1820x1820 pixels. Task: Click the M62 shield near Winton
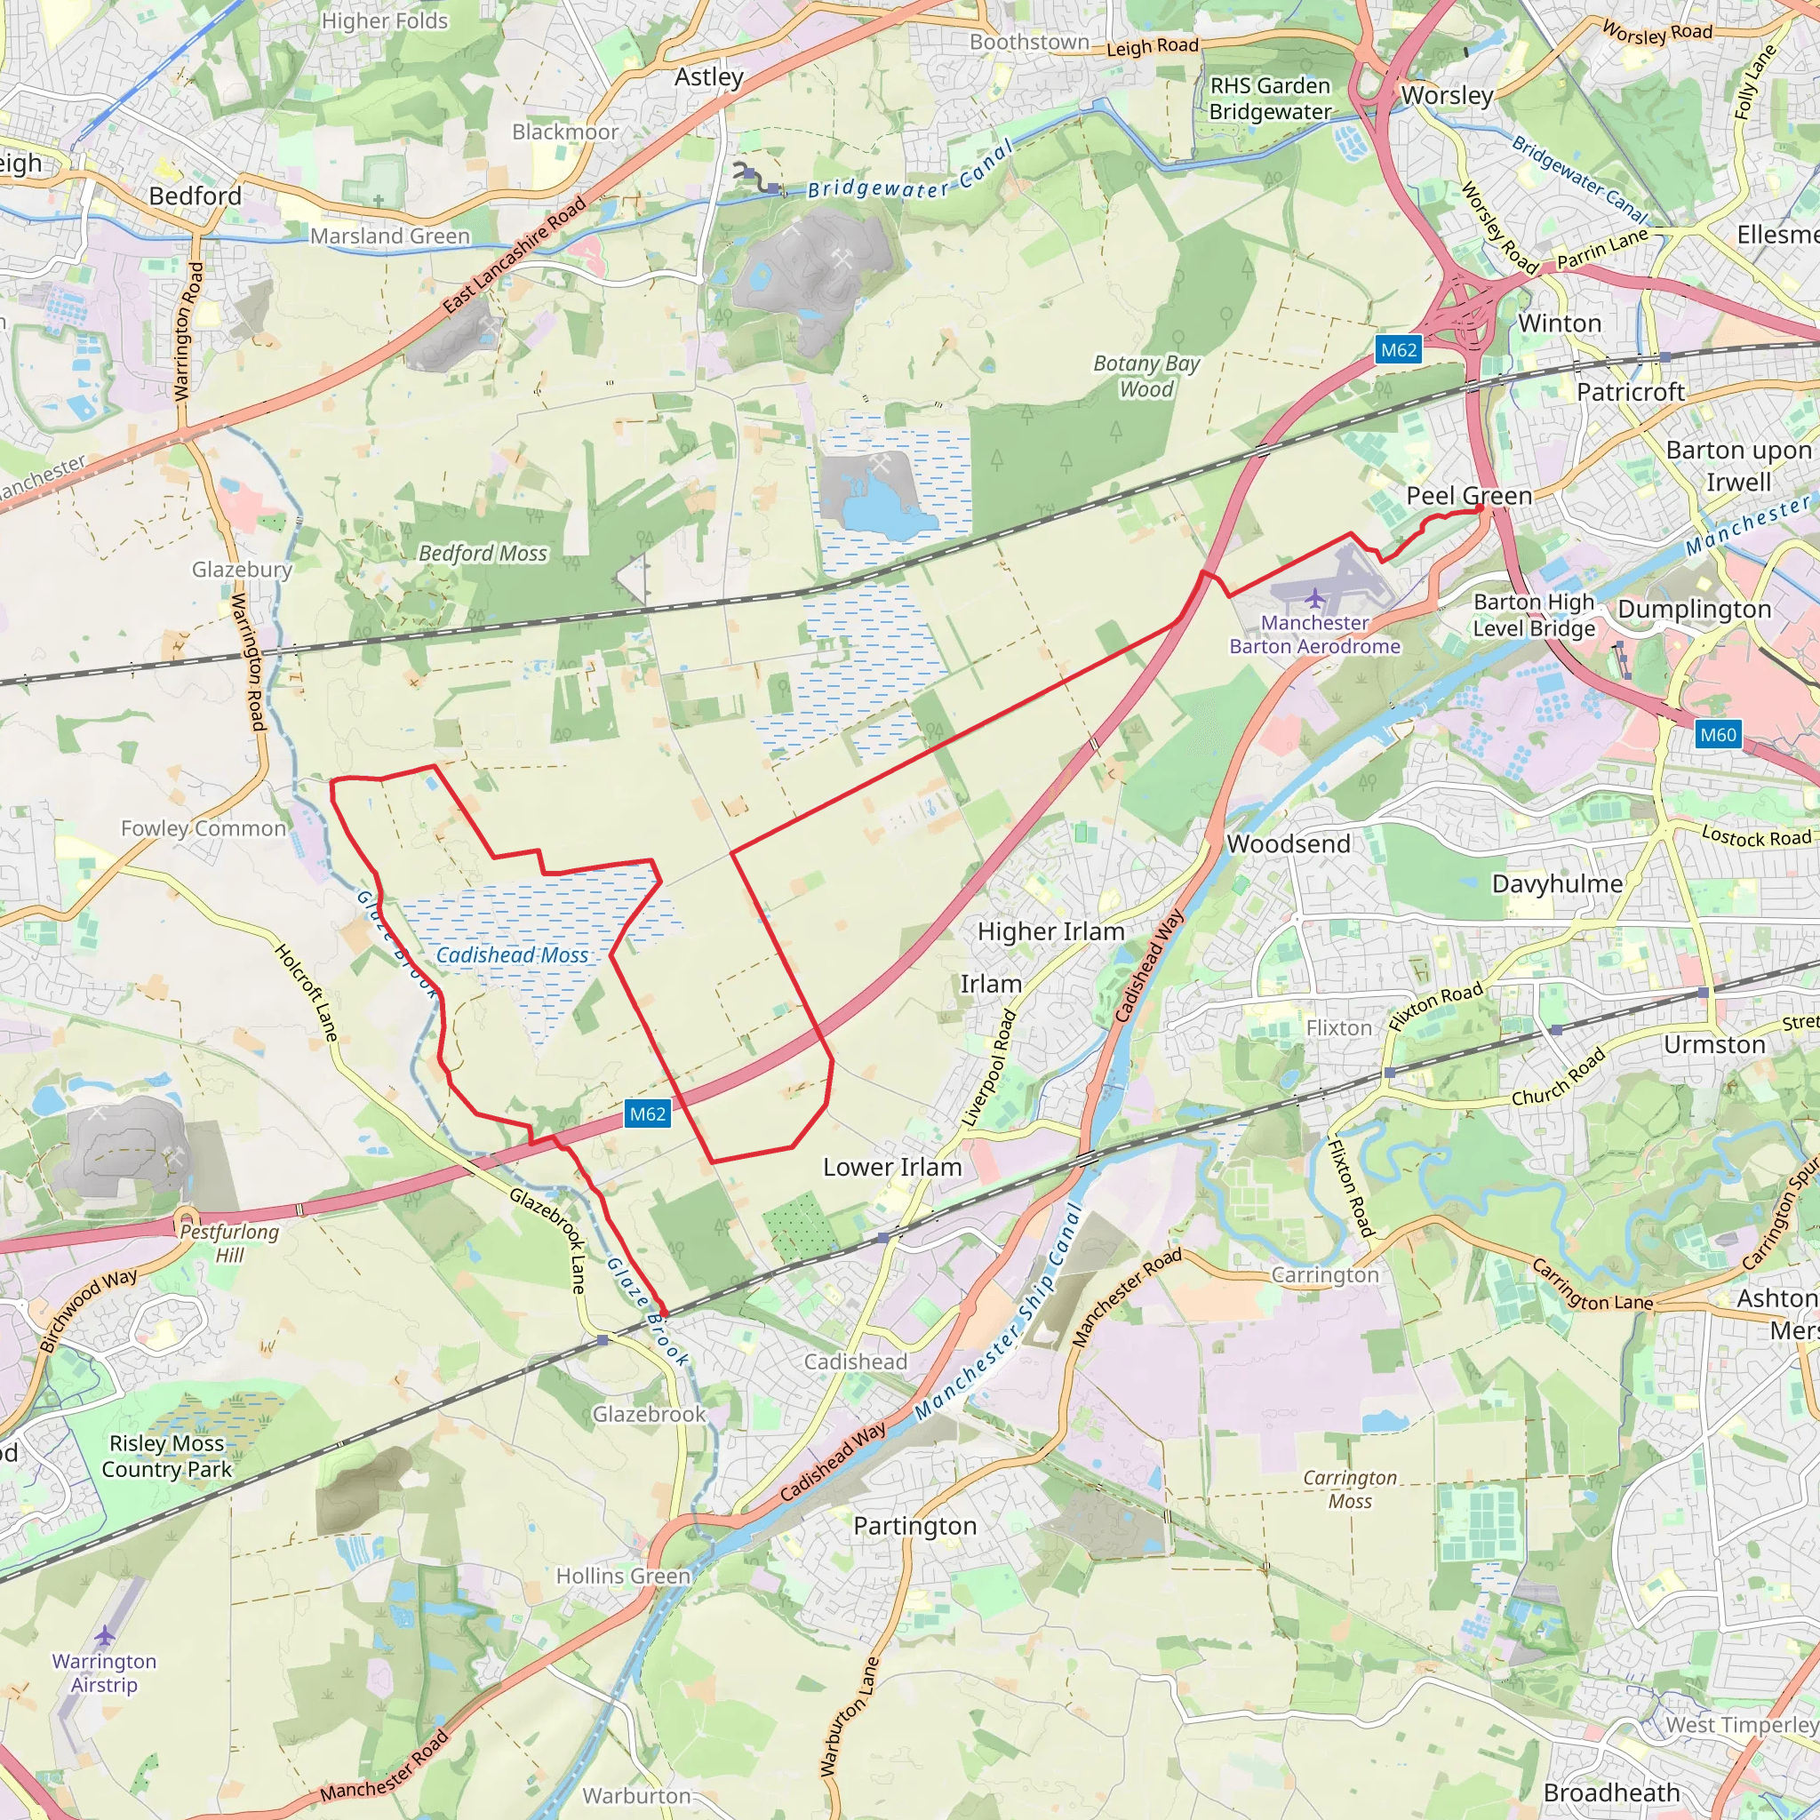(1398, 350)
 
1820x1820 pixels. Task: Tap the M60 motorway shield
(1717, 735)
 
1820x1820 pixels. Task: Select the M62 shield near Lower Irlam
(647, 1114)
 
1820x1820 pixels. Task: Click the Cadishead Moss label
(512, 955)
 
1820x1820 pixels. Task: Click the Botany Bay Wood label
(1146, 376)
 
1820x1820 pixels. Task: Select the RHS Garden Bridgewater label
(1270, 99)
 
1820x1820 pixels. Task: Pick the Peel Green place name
(1469, 496)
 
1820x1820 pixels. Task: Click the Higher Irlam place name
(1050, 931)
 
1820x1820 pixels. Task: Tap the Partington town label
(914, 1526)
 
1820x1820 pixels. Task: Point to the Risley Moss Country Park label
(167, 1457)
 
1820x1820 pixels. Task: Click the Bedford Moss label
(483, 553)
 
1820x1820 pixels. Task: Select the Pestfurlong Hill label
(229, 1242)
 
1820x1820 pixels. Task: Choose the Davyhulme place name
(1557, 883)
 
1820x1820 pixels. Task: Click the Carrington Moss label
(1350, 1489)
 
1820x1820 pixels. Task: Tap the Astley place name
(708, 77)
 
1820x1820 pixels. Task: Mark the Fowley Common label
(204, 828)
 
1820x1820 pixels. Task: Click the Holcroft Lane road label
(307, 991)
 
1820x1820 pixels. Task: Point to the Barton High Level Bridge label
(1535, 614)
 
